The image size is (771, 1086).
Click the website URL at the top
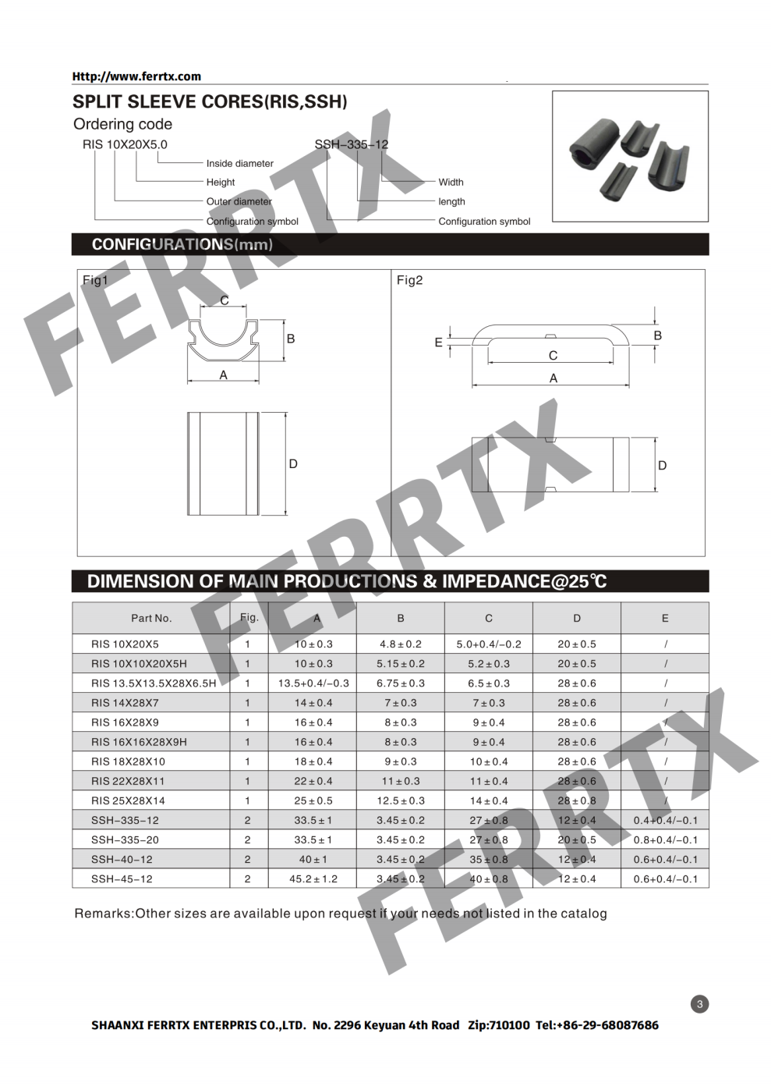click(136, 76)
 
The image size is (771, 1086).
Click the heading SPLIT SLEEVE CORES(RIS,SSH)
click(210, 102)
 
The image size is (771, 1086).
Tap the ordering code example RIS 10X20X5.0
click(125, 144)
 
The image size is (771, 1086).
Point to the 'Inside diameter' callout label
click(239, 164)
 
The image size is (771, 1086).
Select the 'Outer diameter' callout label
click(239, 201)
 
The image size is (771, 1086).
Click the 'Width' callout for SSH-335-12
click(451, 183)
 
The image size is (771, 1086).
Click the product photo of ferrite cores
click(630, 157)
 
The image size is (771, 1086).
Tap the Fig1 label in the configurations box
click(95, 280)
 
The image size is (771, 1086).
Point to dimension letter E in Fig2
click(438, 342)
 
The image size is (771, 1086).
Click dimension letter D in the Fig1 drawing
click(293, 464)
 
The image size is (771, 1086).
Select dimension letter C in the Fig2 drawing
click(553, 356)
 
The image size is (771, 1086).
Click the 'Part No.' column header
click(151, 618)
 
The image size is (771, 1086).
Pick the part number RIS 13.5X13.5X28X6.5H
click(154, 683)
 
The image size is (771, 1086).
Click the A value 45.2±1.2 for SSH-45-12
click(313, 879)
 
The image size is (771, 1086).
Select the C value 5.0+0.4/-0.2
click(489, 644)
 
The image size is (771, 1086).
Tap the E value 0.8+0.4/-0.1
click(665, 840)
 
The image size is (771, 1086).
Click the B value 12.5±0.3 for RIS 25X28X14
click(401, 801)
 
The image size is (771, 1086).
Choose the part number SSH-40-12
click(122, 860)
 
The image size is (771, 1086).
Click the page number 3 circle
click(699, 1004)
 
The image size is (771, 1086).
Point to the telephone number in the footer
click(597, 1025)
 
